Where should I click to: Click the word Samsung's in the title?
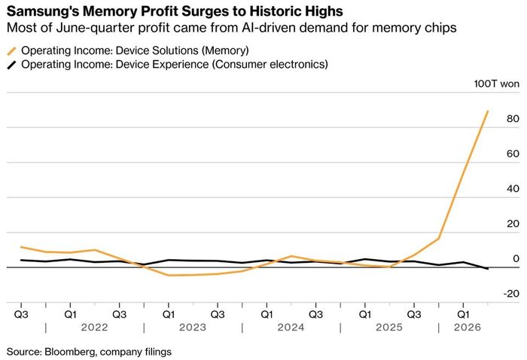click(42, 11)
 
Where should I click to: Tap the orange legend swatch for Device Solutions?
click(11, 51)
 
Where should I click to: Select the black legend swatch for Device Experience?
click(11, 65)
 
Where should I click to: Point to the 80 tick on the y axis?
click(513, 118)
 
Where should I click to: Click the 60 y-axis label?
click(513, 154)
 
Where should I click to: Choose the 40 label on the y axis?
click(513, 188)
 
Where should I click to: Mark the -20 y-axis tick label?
click(511, 294)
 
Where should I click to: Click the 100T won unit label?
click(496, 84)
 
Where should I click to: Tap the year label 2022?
click(94, 327)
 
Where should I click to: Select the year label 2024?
click(291, 327)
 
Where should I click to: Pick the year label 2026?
click(468, 327)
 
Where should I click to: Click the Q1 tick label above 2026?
click(463, 314)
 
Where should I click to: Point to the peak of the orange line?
click(487, 111)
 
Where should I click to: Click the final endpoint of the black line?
click(487, 269)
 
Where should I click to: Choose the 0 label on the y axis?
click(516, 258)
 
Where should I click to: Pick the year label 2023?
click(193, 327)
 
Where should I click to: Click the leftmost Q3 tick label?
click(21, 314)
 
